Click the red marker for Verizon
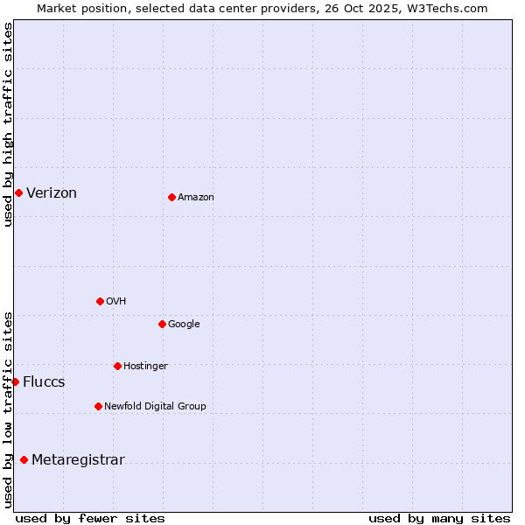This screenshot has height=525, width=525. (18, 192)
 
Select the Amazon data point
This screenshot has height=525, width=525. (171, 197)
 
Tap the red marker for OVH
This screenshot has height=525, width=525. (100, 301)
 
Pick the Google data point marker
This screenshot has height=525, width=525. (162, 324)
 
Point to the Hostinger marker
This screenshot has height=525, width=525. (117, 366)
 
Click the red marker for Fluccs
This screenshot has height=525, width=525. (15, 381)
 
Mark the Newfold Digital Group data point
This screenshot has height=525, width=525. (98, 406)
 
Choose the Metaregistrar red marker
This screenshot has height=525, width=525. (24, 459)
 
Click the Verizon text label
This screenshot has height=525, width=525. (52, 193)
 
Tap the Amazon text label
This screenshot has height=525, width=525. (196, 198)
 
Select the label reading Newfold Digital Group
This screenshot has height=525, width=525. (155, 406)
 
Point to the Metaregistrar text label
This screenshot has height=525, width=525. (78, 460)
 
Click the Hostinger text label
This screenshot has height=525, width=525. (145, 366)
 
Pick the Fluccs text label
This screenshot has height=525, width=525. (44, 382)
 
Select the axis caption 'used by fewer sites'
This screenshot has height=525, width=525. (90, 518)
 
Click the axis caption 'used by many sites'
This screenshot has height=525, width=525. (439, 518)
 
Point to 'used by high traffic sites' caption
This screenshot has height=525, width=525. (8, 124)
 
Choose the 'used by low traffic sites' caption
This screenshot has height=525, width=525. (8, 409)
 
